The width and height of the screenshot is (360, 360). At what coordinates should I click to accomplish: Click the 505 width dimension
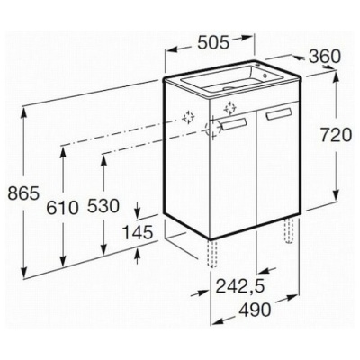tap(213, 43)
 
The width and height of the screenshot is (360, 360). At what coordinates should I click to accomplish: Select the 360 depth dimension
tap(325, 57)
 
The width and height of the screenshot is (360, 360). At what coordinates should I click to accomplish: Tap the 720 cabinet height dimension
tap(336, 135)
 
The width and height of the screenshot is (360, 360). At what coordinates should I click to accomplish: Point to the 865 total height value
tap(23, 193)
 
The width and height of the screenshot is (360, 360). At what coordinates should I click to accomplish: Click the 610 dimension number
tap(62, 208)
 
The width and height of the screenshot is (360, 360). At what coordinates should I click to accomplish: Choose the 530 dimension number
tap(103, 206)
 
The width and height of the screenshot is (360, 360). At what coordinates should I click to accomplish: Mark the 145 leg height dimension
tap(139, 232)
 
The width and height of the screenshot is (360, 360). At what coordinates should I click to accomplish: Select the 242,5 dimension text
tap(240, 286)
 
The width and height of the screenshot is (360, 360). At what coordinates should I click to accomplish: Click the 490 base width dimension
tap(255, 310)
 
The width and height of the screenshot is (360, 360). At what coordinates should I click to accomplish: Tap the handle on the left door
tap(234, 124)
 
